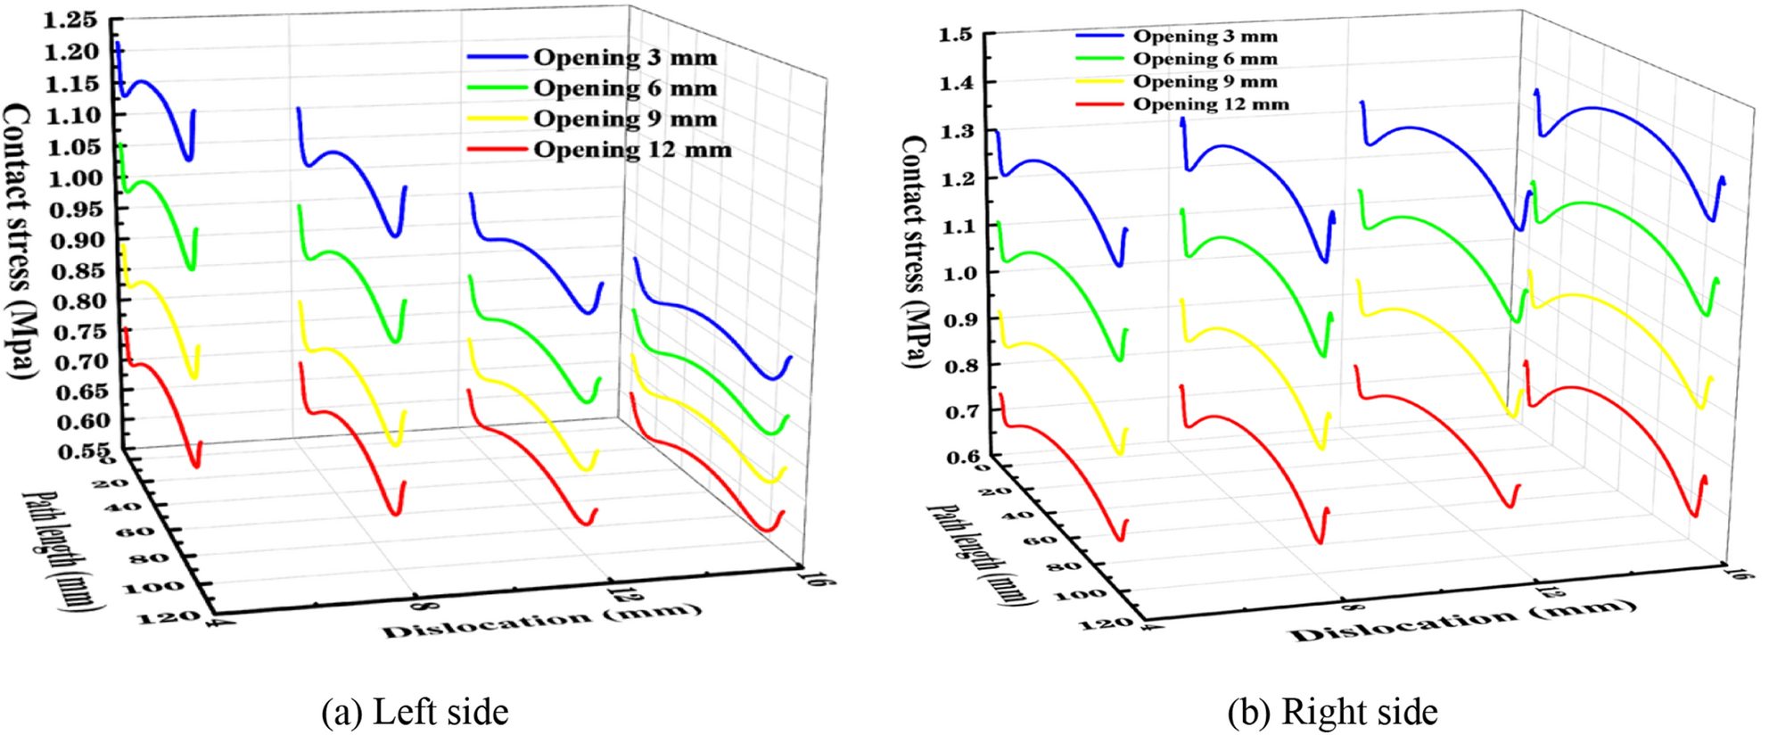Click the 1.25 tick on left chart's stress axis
72,21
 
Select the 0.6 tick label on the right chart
962,458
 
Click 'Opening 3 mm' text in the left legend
625,57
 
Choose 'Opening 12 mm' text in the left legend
632,150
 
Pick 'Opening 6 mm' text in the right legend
1205,59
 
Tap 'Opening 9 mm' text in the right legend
1205,81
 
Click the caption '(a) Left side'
415,712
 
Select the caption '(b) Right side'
1332,712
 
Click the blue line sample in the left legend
497,57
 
